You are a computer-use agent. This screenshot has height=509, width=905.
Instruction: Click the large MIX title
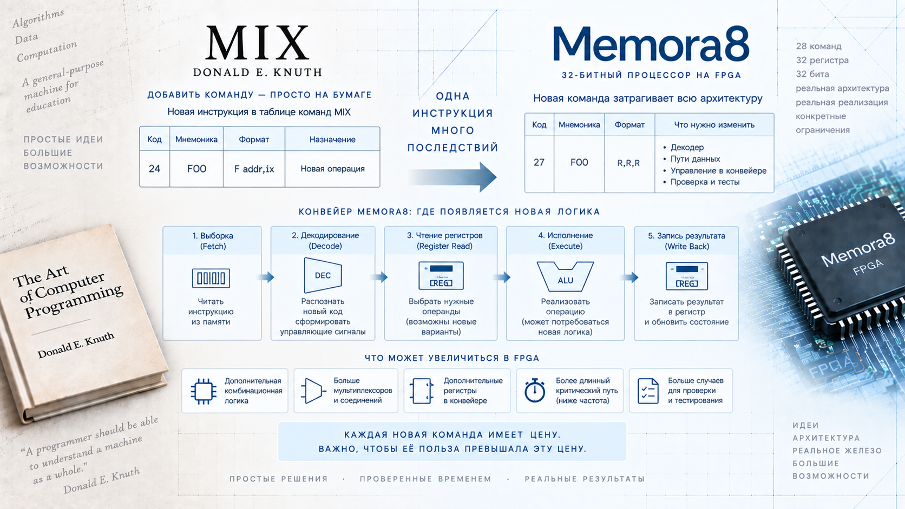pos(257,42)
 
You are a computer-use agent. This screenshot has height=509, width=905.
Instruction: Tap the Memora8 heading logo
pos(651,44)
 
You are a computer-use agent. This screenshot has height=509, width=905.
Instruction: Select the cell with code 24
pos(154,169)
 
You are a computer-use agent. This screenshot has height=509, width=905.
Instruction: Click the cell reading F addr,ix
pos(254,169)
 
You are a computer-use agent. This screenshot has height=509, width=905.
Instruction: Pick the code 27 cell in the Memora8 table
pos(539,163)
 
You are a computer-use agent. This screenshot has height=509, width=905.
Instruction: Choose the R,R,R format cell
pos(628,163)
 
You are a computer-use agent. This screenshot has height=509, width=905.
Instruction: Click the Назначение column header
pos(332,140)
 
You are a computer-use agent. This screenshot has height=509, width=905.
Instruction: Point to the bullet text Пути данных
pos(695,159)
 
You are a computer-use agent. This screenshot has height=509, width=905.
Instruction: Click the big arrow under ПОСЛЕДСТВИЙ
pos(452,177)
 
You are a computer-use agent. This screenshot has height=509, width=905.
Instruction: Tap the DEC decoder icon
pos(323,275)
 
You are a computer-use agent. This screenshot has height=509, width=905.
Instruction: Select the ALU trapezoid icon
pos(565,276)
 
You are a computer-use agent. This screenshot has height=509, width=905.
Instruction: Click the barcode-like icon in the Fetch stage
pos(211,278)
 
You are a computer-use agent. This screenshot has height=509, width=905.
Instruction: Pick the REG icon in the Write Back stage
pos(686,276)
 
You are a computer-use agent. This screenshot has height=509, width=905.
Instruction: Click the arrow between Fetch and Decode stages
pos(266,277)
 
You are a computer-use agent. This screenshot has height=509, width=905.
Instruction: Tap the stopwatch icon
pos(535,391)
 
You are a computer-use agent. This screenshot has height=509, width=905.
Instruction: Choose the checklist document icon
pos(648,391)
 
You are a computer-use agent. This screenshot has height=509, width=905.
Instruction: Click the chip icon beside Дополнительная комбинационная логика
pos(203,391)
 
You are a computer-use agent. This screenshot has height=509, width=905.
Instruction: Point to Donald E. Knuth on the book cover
pos(76,346)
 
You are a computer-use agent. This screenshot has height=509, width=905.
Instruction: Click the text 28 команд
pos(818,47)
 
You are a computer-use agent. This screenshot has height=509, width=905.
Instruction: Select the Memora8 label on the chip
pos(858,250)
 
